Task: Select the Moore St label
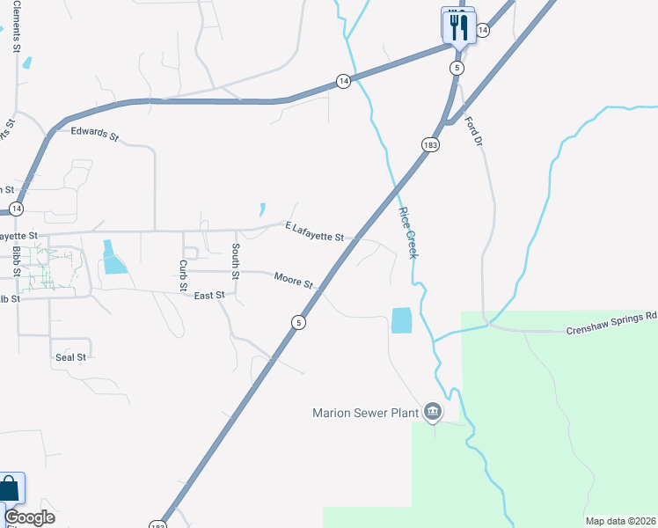(293, 280)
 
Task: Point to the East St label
(209, 296)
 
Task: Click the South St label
(236, 261)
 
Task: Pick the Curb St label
(183, 275)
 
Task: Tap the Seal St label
(70, 357)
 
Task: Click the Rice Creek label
(408, 232)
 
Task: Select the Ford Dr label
(474, 131)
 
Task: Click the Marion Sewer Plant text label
(368, 412)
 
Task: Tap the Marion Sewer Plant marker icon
(433, 411)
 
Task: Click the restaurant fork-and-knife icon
(457, 26)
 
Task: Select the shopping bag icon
(10, 489)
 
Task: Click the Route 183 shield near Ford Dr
(429, 145)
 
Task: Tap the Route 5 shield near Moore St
(299, 323)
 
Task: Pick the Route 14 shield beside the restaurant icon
(482, 31)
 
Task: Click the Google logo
(29, 517)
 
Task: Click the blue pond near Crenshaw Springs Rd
(401, 319)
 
